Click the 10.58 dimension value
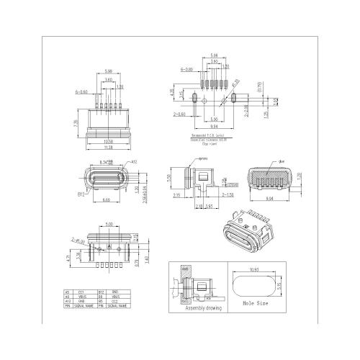(108, 140)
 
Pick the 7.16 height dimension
(75, 123)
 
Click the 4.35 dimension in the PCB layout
(171, 93)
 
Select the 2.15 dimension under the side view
(176, 194)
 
